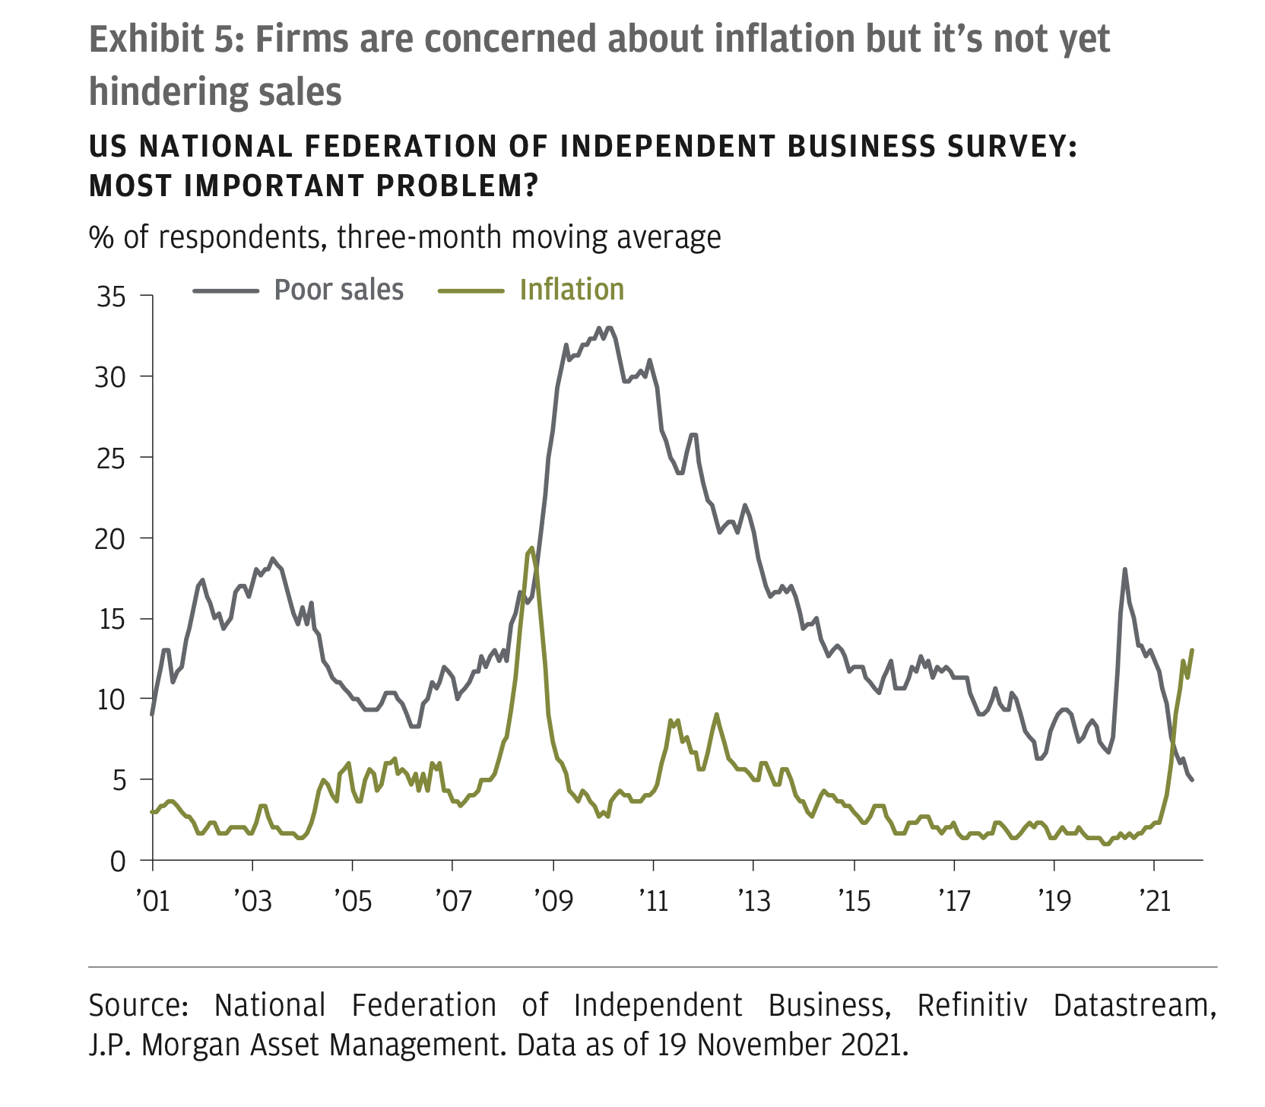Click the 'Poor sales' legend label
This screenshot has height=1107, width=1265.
click(x=338, y=290)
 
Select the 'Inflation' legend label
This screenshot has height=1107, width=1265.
click(x=572, y=290)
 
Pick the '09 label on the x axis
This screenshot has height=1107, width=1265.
click(x=553, y=902)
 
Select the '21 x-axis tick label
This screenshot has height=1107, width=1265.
click(x=1154, y=902)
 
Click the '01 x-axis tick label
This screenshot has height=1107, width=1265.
click(x=153, y=902)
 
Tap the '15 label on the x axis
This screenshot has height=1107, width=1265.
click(x=854, y=902)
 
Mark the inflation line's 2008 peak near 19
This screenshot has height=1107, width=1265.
click(x=531, y=547)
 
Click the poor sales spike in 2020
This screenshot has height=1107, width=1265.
click(x=1124, y=569)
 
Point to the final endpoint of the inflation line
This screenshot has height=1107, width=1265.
click(x=1192, y=650)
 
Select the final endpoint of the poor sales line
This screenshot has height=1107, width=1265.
click(x=1192, y=779)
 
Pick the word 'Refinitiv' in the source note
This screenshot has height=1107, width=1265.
click(x=972, y=1006)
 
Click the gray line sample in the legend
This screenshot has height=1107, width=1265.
click(x=226, y=290)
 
